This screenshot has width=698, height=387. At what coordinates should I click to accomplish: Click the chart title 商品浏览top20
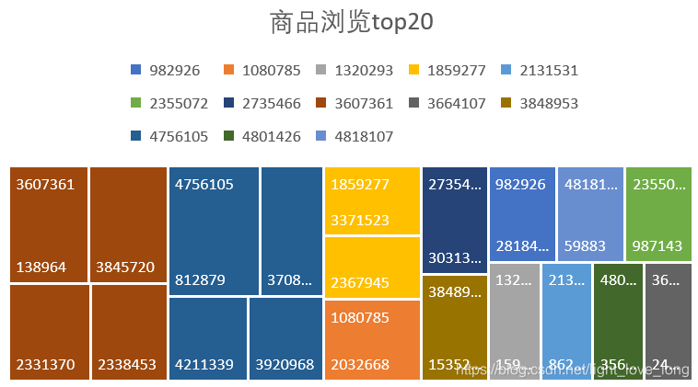[350, 22]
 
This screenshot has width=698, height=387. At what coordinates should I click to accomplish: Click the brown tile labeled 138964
[49, 225]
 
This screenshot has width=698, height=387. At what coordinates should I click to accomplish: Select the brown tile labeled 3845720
[128, 225]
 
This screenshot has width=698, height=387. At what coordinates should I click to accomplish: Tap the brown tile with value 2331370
[49, 332]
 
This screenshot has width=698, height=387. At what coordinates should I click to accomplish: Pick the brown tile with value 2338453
[128, 332]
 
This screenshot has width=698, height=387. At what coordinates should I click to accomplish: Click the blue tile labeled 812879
[214, 232]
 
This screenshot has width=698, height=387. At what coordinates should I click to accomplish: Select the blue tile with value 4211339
[207, 338]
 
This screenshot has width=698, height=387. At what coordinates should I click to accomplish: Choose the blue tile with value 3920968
[285, 338]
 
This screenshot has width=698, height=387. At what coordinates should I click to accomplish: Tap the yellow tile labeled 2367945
[372, 267]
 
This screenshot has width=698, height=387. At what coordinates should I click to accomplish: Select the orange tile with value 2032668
[372, 340]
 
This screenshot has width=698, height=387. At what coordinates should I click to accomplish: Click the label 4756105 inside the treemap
[204, 184]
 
